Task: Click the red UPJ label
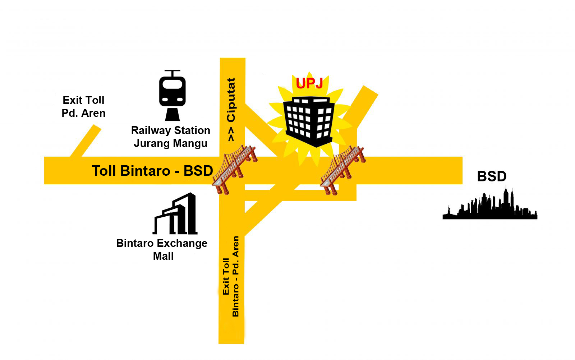tap(309, 83)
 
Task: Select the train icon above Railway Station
tap(172, 95)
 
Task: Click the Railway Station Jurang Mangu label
tap(171, 137)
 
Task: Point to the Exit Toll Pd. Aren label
tap(83, 106)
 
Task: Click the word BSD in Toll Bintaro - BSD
tap(198, 171)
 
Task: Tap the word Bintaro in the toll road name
tap(145, 171)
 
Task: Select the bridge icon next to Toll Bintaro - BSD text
tap(234, 169)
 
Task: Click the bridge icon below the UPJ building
tap(343, 170)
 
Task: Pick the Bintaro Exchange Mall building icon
tap(175, 213)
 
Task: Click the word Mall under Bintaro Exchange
tap(163, 256)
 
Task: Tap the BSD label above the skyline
tap(492, 176)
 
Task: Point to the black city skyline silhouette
tap(490, 204)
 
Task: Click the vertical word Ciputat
tap(231, 100)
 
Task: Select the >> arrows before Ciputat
tap(231, 134)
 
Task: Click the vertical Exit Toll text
tap(226, 277)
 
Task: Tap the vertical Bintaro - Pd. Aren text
tap(236, 276)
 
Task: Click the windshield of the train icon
tap(172, 84)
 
